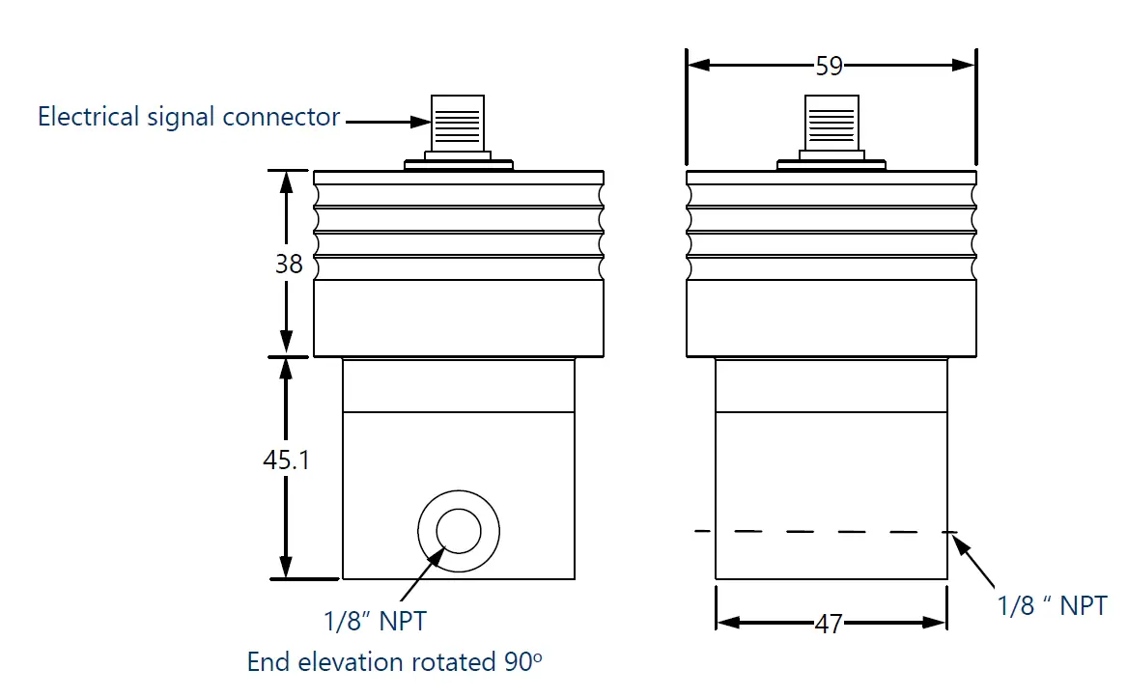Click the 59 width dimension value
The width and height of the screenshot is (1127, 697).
point(829,66)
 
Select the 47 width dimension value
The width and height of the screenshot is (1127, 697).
point(829,624)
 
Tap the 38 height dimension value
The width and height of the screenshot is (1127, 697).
point(289,264)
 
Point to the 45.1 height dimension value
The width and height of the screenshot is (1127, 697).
point(286,460)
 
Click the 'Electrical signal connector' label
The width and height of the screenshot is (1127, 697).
point(188,118)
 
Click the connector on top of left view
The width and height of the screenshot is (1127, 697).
point(458,125)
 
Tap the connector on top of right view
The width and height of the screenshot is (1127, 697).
point(831,125)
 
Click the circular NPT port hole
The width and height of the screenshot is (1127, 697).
point(458,531)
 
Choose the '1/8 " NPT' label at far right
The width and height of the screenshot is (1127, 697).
point(1052,605)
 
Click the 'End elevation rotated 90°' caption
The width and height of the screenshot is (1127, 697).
point(394,662)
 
